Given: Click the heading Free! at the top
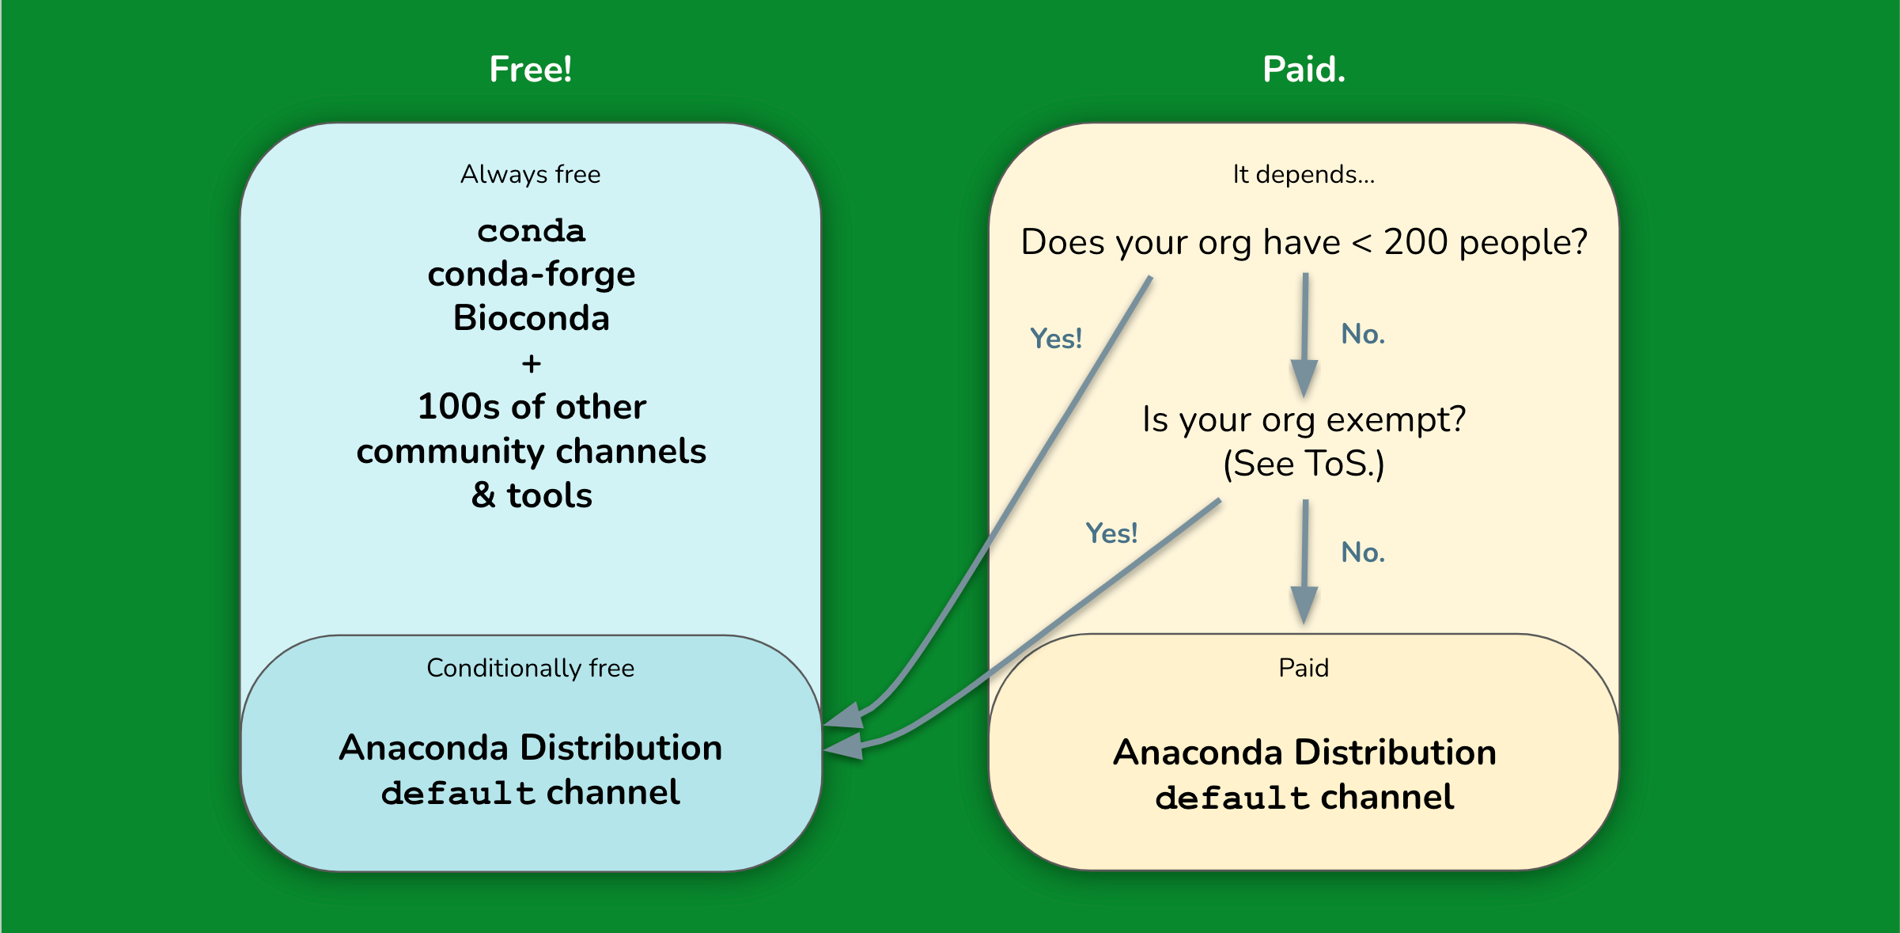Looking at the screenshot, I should (530, 70).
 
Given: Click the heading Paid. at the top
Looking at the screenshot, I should (1304, 70).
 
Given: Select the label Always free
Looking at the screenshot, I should (530, 174).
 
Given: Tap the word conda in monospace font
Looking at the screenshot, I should (531, 231).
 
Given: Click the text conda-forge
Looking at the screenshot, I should (531, 275).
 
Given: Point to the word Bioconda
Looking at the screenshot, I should (531, 318).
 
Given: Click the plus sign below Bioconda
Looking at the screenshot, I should (531, 364).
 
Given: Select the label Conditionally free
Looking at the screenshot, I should (530, 668).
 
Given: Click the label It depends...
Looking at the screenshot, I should (1304, 174).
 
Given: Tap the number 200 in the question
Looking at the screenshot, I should (1415, 241).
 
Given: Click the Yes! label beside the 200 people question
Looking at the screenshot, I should (1055, 339).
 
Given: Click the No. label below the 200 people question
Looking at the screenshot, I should (1362, 334).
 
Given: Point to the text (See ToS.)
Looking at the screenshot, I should (1304, 464).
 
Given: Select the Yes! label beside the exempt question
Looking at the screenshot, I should (1111, 533).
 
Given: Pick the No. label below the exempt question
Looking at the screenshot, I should (1362, 552).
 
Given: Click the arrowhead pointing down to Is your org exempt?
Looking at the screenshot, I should (1304, 377).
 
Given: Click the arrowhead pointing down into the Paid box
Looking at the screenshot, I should (1304, 605).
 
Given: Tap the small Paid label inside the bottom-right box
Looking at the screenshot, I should (1304, 668).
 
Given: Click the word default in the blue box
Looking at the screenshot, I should (458, 793).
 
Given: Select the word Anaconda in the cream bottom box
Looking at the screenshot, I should (1197, 753).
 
